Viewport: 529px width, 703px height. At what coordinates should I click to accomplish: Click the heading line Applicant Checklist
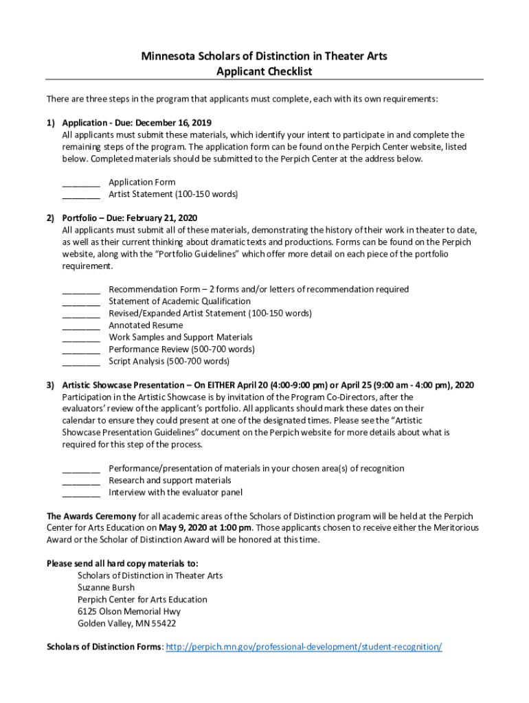(x=264, y=71)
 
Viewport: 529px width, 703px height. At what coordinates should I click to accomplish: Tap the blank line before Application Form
(x=81, y=183)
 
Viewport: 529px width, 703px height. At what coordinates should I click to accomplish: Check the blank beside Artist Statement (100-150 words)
(x=81, y=195)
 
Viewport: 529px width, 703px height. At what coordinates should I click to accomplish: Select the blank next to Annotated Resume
(x=81, y=326)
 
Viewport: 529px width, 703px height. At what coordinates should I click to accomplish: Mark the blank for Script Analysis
(x=81, y=362)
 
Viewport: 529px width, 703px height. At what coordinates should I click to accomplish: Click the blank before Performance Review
(x=81, y=350)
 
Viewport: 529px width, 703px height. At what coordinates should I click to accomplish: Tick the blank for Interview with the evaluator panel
(x=81, y=493)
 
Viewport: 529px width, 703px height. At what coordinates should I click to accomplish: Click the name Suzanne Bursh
(x=106, y=588)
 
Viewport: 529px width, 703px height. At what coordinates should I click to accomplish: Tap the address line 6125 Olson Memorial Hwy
(x=129, y=611)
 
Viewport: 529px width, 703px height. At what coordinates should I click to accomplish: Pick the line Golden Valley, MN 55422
(x=126, y=623)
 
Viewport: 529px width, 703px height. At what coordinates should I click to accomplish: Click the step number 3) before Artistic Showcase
(x=51, y=385)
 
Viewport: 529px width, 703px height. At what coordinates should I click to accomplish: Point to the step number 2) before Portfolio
(x=51, y=218)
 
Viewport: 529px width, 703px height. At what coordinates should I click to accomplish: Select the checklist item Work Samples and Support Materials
(x=181, y=337)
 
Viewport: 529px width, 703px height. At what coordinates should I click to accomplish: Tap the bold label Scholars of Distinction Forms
(x=104, y=647)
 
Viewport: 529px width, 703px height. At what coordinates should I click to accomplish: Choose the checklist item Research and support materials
(x=170, y=481)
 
